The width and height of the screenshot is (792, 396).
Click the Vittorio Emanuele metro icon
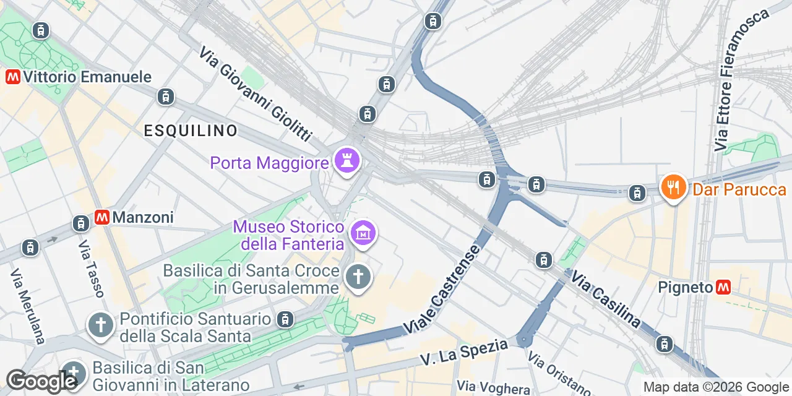tap(12, 77)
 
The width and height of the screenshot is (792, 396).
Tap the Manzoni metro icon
tap(102, 217)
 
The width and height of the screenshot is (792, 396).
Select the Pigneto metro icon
tap(723, 287)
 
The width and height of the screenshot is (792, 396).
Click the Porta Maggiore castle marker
tap(346, 161)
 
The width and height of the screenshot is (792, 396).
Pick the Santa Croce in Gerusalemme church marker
tap(358, 277)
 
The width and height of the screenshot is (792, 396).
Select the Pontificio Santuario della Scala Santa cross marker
tap(101, 325)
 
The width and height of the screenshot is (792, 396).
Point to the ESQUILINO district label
tap(191, 131)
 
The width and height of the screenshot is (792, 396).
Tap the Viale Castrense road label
tap(441, 290)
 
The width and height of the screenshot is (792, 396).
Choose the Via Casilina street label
tap(605, 299)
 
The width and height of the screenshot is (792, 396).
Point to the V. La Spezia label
tap(463, 351)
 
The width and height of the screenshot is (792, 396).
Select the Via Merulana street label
tap(28, 305)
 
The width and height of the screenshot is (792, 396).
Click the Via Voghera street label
tap(493, 388)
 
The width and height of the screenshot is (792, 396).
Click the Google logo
tap(41, 381)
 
